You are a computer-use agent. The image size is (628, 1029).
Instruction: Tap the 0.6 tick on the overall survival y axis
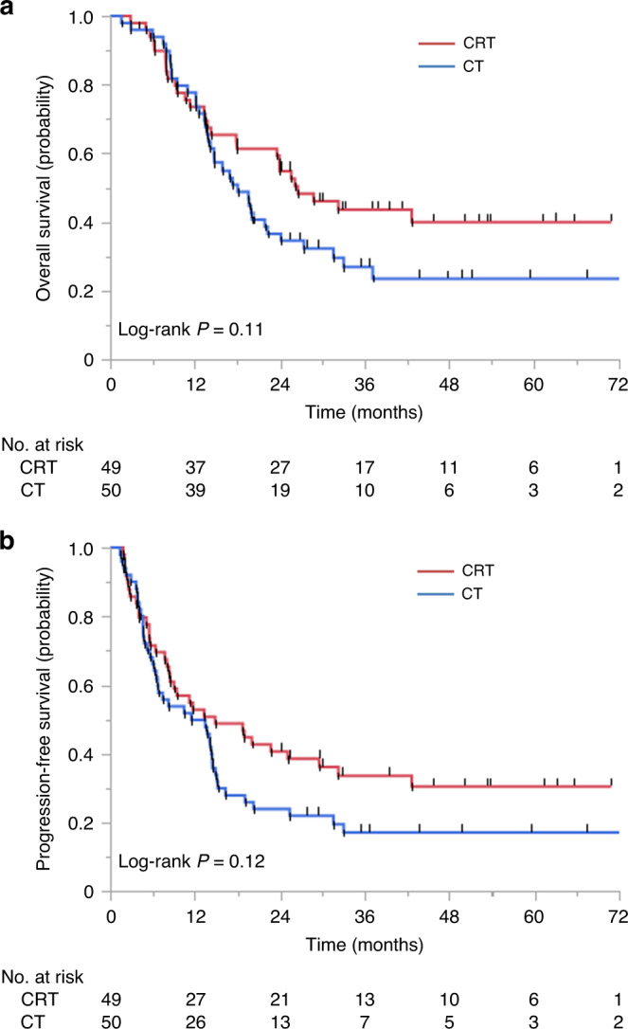point(87,153)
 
